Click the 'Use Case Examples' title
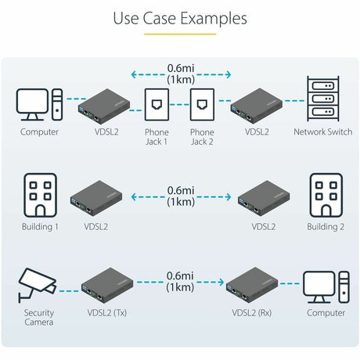[180, 18]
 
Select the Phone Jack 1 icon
[157, 104]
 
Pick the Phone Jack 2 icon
[202, 104]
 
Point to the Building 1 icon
[39, 195]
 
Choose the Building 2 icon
[326, 195]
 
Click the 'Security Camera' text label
[38, 317]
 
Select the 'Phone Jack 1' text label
[157, 137]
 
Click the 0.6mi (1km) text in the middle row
[180, 196]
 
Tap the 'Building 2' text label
[326, 226]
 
